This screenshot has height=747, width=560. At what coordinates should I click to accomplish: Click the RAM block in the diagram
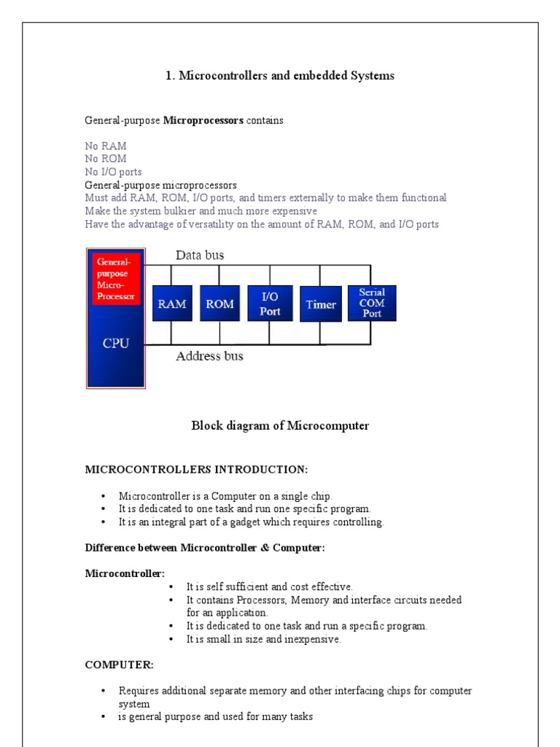(171, 304)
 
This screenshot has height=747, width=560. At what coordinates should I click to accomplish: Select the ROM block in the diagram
(219, 304)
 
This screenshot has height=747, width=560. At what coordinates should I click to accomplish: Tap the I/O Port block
(270, 304)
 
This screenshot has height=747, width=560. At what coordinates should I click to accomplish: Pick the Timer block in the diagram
(321, 304)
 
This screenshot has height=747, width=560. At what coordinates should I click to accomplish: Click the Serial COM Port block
(372, 303)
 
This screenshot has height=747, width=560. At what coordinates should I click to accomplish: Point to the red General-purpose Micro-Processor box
(116, 278)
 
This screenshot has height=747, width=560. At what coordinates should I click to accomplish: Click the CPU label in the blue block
(116, 342)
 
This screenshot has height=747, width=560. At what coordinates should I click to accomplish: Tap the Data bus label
(200, 255)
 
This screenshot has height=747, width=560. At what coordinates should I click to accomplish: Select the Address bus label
(209, 357)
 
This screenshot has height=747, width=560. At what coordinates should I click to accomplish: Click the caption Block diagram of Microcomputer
(280, 426)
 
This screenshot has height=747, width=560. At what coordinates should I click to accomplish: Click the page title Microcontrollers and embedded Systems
(280, 76)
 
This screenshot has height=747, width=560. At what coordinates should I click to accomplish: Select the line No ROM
(106, 159)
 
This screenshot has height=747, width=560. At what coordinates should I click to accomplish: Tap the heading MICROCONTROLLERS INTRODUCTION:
(197, 468)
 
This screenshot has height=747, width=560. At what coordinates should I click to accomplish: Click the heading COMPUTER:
(120, 665)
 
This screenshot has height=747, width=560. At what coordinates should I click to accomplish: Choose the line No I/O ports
(113, 172)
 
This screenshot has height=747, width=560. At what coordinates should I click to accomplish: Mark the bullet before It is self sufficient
(171, 587)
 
